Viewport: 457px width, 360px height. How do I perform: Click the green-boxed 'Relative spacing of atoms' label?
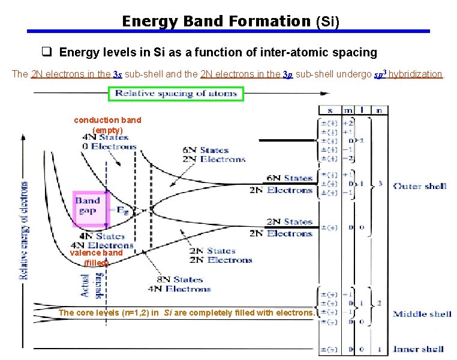(176, 94)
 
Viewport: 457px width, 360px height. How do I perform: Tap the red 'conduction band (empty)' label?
(107, 125)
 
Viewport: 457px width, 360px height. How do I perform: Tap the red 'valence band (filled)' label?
(96, 257)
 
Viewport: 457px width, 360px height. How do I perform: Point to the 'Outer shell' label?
(419, 186)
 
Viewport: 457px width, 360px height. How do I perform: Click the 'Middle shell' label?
(422, 314)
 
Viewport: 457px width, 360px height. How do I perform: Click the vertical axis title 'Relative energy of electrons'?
(25, 231)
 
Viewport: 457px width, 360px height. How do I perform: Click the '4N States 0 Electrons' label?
(110, 141)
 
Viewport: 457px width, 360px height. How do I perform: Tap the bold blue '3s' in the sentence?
(135, 75)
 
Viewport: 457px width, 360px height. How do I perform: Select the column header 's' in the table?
(329, 110)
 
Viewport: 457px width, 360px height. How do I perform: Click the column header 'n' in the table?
(379, 110)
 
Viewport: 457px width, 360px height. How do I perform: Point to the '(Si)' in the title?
(327, 22)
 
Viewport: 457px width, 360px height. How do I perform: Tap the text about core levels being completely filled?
(186, 313)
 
